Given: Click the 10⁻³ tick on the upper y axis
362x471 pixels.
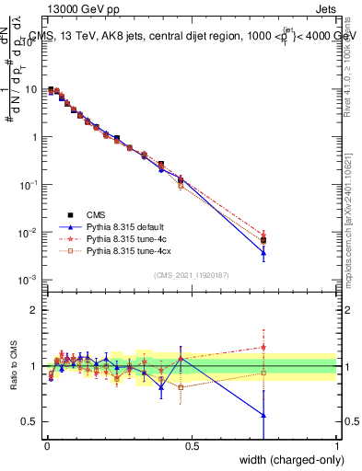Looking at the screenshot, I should coord(28,280).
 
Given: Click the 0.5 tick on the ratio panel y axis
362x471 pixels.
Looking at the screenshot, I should coord(30,422).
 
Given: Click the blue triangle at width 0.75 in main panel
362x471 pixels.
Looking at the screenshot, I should coord(263,252).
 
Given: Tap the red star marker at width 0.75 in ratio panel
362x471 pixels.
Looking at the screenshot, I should coord(263,348).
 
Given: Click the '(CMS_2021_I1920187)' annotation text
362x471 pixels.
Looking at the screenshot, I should coord(191,275).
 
